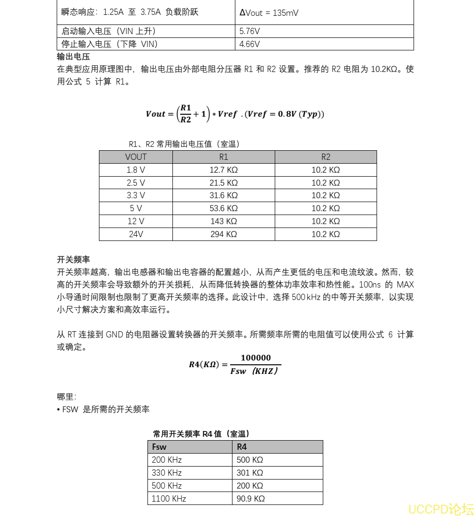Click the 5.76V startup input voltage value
coord(250,31)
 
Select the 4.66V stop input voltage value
coord(250,44)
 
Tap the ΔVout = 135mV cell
coord(269,13)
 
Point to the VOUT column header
coord(136,157)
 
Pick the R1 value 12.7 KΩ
coord(224,170)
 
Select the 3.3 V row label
coord(136,195)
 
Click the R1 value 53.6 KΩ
coord(224,208)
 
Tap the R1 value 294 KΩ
coord(224,234)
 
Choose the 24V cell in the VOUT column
coord(136,234)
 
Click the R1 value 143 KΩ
coord(224,221)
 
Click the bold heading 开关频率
coord(73,260)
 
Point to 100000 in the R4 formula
coord(256,358)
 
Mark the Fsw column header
coord(159,447)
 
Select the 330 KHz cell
coord(167,473)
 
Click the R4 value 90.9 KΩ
coord(251,499)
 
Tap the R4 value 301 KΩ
coord(250,473)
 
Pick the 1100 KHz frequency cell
coord(169,499)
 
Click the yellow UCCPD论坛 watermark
coord(441,509)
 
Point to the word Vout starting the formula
coord(156,114)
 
